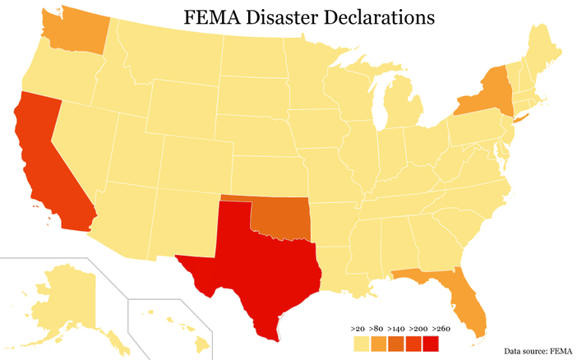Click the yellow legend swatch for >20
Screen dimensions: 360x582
pos(359,343)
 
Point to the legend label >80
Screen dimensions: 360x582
pos(379,329)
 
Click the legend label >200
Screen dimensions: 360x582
pos(418,329)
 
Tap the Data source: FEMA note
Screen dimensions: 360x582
pos(537,350)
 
